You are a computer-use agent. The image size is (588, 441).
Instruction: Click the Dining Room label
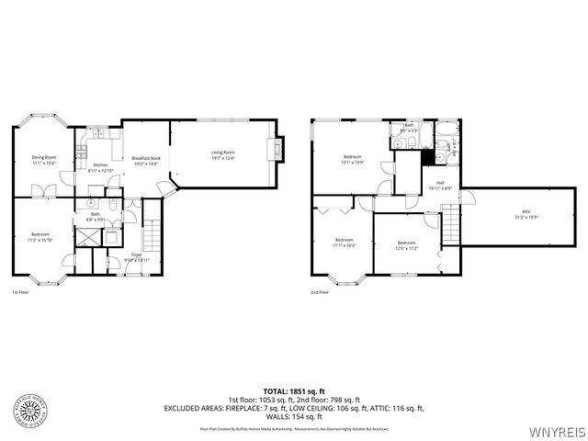[x=45, y=157]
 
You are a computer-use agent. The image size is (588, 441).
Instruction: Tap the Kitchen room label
[x=100, y=165]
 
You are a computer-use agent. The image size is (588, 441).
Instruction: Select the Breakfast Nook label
[x=145, y=157]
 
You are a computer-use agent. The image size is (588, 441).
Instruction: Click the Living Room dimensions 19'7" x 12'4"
[x=223, y=159]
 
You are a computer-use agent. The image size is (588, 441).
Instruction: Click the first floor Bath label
[x=95, y=214]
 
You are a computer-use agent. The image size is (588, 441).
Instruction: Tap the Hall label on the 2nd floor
[x=440, y=183]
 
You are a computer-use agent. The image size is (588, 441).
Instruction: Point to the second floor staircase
[x=450, y=223]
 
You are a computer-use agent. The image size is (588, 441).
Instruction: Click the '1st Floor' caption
[x=20, y=292]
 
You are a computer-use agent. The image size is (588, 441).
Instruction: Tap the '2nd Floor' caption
[x=321, y=292]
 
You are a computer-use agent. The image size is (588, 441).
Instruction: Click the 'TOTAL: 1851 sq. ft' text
[x=293, y=391]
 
